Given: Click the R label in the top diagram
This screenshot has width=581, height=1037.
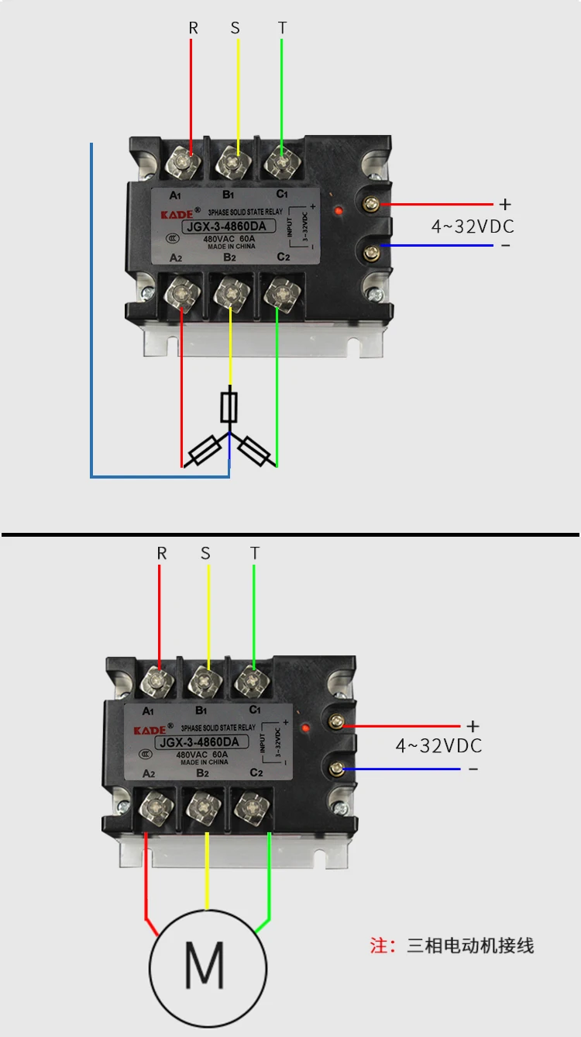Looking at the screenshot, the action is (194, 28).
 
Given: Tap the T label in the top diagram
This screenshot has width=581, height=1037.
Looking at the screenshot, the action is (283, 28).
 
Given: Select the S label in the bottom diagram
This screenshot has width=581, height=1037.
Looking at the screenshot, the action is (205, 553).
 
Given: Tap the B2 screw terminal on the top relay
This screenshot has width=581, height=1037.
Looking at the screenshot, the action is (230, 293).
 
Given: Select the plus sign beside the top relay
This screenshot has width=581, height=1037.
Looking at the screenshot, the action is (505, 204).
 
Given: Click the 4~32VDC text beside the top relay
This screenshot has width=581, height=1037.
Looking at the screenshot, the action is (473, 226).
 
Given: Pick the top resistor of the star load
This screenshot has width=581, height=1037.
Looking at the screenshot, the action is (229, 405).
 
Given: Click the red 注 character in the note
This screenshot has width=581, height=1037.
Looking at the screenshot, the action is (378, 945).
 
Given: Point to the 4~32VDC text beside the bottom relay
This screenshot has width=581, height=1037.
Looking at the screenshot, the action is (439, 746).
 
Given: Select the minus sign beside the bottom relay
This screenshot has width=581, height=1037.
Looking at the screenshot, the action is (473, 769).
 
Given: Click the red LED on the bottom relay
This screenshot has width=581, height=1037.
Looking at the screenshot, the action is (306, 728).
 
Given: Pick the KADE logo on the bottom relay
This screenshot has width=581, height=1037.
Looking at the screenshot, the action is (150, 730).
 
